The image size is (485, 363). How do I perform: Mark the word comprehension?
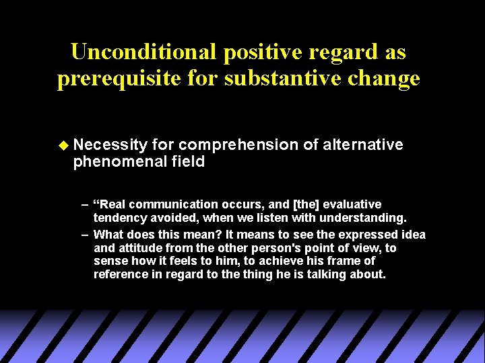[x=239, y=145]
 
